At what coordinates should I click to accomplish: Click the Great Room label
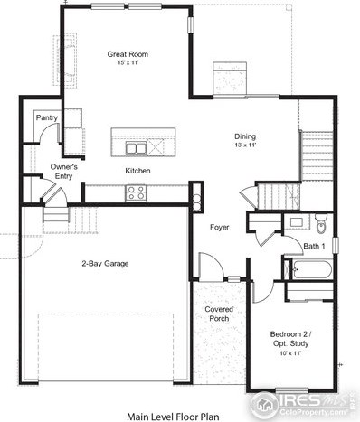click(128, 54)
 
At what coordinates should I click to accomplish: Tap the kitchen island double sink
click(136, 148)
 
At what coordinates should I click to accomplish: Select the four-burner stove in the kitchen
click(136, 193)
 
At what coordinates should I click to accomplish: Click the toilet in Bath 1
click(320, 223)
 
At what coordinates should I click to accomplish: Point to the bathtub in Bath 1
click(312, 268)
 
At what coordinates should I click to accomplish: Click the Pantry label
click(47, 117)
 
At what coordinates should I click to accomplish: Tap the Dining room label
click(245, 136)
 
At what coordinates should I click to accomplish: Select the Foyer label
click(219, 227)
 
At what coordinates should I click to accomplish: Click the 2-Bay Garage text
click(105, 264)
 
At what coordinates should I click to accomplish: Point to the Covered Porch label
click(219, 314)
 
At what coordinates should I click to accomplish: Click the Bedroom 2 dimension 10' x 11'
click(290, 353)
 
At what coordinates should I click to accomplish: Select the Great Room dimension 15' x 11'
click(128, 62)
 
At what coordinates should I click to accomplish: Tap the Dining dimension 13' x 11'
click(245, 145)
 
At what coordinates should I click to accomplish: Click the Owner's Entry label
click(63, 172)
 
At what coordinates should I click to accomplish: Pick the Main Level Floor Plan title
click(173, 417)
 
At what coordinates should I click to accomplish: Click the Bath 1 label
click(314, 246)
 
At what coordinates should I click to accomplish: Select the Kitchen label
click(137, 171)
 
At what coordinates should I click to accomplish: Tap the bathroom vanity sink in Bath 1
click(298, 222)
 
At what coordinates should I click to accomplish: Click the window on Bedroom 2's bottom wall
click(292, 390)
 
